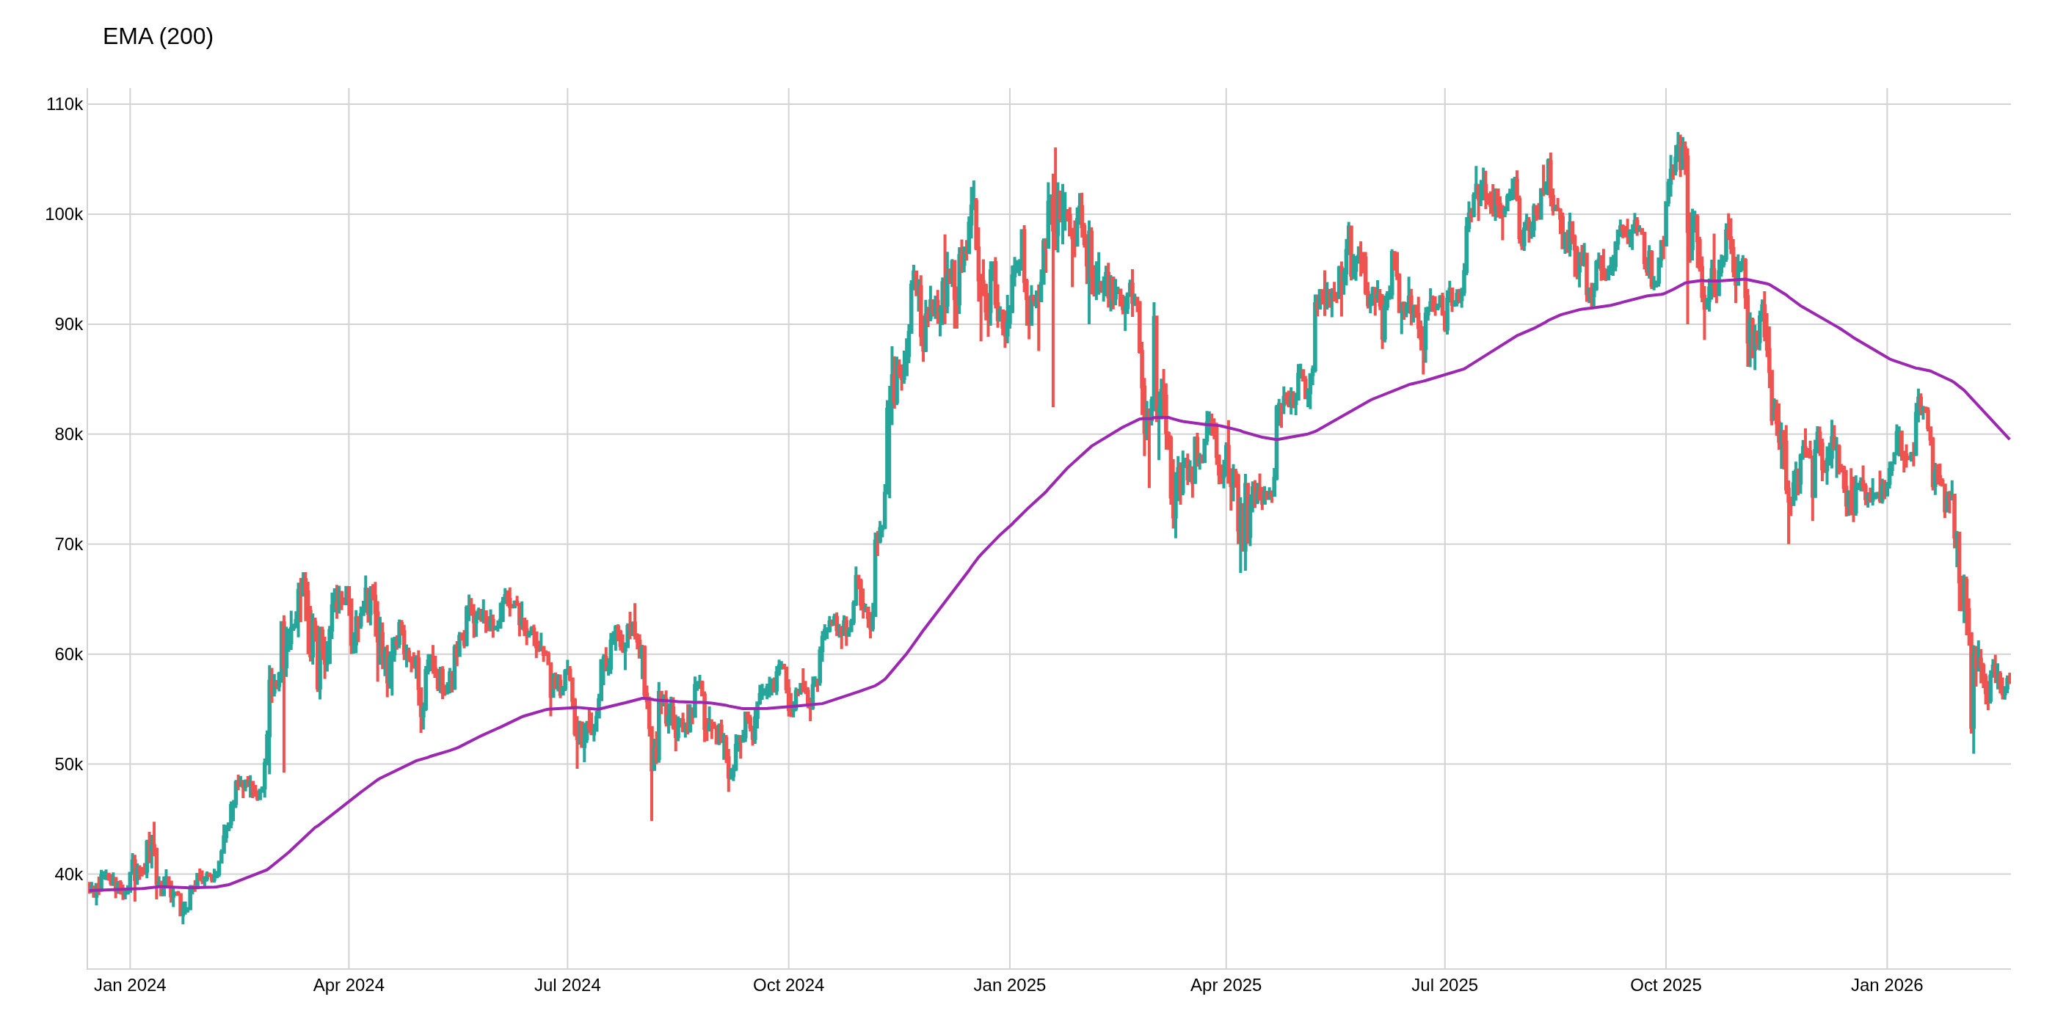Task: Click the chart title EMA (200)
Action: coord(158,37)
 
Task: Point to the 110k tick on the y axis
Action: coord(64,104)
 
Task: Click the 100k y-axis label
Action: coord(64,214)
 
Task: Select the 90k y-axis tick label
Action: coord(68,324)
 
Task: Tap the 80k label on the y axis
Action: coord(68,434)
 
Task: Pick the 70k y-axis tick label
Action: coord(68,544)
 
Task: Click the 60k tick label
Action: coord(68,654)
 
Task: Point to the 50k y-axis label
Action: coord(68,764)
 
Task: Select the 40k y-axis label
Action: coord(68,874)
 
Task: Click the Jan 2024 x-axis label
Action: coord(130,985)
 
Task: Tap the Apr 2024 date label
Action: coord(349,985)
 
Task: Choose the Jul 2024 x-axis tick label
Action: coord(567,985)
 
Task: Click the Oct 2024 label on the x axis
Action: coord(788,985)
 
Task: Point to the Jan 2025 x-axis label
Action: coord(1009,985)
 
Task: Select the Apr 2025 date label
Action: coord(1226,985)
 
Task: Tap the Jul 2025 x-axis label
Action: coord(1444,985)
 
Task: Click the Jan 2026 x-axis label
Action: coord(1887,985)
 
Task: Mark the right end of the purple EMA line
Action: coord(2009,439)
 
